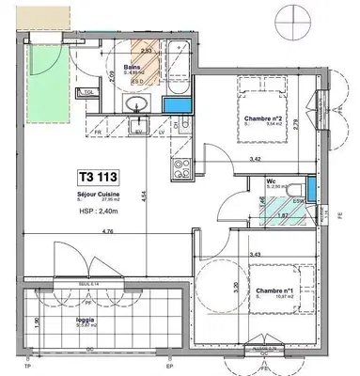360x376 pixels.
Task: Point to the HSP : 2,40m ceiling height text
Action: [x=101, y=212]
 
